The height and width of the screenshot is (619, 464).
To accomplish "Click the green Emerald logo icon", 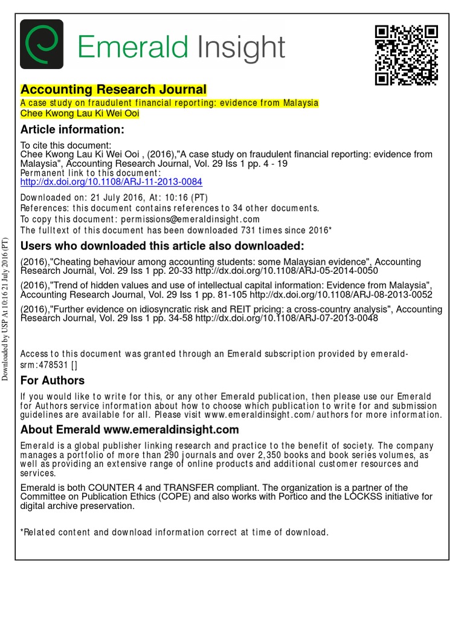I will [x=41, y=44].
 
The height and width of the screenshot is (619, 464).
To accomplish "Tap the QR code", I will [x=406, y=55].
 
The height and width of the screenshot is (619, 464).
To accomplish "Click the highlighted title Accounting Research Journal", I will [x=114, y=89].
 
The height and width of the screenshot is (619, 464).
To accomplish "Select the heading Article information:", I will [x=72, y=130].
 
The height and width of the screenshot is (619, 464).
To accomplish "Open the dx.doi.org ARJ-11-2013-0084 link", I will [x=111, y=181].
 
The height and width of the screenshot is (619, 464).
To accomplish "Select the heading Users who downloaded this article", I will [x=162, y=246].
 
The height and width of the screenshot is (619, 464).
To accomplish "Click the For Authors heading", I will [x=53, y=381].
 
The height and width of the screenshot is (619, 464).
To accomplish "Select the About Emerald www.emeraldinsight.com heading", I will [x=129, y=430].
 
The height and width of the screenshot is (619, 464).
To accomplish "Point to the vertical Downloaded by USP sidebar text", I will [x=5, y=308].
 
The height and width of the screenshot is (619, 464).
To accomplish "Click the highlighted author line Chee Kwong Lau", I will [x=80, y=113].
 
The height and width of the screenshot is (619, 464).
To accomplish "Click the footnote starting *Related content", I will [x=174, y=533].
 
